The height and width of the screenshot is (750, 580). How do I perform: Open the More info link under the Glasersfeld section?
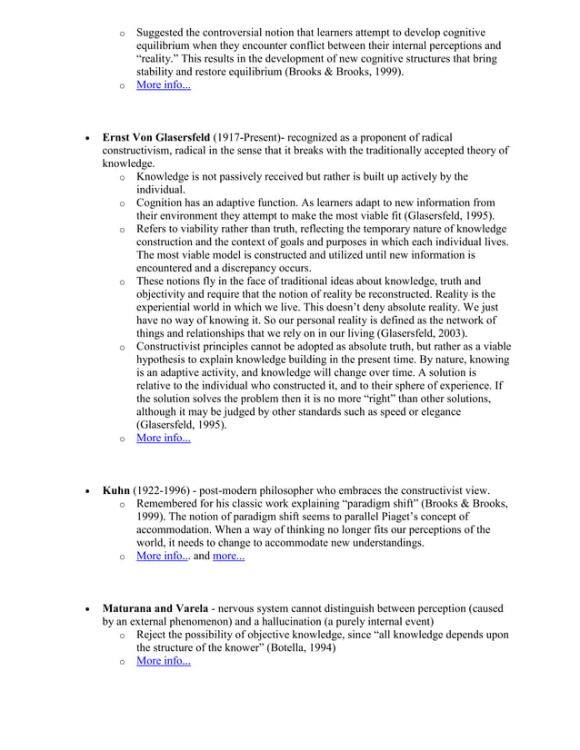click(163, 439)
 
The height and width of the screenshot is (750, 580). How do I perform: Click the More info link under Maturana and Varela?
click(163, 661)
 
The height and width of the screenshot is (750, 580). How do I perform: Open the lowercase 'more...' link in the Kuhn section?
click(228, 557)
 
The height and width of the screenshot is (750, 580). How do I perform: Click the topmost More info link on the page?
click(163, 85)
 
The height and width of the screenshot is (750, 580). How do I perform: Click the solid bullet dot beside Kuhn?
click(86, 490)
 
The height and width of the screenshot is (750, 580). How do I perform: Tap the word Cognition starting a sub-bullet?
click(162, 202)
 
